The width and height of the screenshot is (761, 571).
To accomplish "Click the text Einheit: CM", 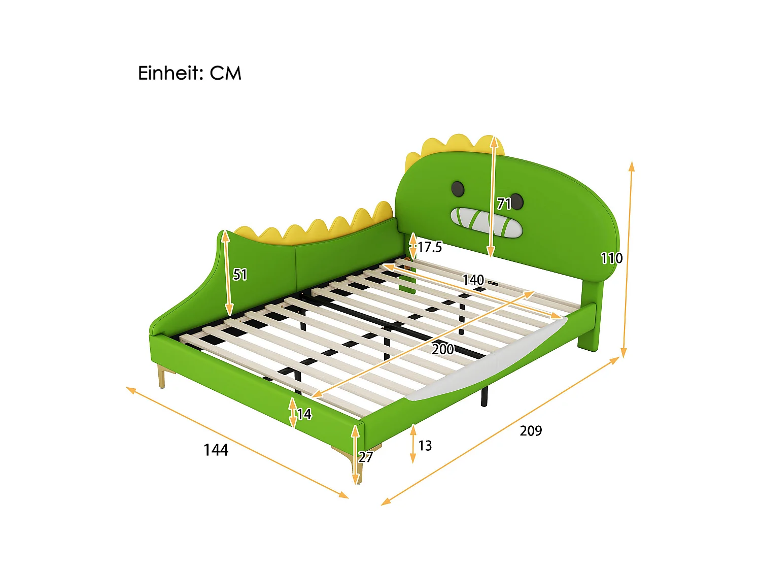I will coord(189,73).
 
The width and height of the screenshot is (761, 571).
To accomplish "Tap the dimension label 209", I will coord(531,430).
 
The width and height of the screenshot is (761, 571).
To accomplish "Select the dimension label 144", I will coord(216,450).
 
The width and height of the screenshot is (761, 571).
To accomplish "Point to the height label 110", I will coord(611,258).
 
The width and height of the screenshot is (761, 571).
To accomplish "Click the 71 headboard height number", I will coord(504,204).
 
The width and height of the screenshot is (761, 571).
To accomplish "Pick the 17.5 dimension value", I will coord(430,247).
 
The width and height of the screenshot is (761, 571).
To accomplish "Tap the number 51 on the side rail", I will coord(240,275).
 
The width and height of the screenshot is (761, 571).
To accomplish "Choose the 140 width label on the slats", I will coord(473,280).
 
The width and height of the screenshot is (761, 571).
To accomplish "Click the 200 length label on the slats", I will coord(442,349).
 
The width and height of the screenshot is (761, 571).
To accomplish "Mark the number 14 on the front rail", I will coord(304,415).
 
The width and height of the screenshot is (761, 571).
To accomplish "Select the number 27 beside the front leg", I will coord(366,457).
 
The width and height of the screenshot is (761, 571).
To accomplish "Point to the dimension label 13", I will coord(425,446).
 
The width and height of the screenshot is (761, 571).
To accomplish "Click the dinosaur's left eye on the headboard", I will coord(457,188).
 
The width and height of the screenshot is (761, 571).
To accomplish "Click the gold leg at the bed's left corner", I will coord(162,376).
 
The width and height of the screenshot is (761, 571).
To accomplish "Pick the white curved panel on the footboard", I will coord(487,363).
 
